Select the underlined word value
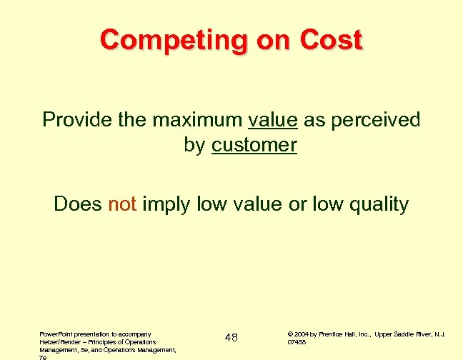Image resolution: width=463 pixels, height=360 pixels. click(x=272, y=119)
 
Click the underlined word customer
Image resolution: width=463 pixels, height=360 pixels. click(x=254, y=145)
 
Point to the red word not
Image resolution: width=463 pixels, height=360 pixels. click(x=121, y=205)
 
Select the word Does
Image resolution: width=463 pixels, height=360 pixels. click(x=78, y=205)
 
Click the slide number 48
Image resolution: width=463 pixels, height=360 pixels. click(x=231, y=338)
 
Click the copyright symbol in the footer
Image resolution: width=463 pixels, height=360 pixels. click(x=289, y=334)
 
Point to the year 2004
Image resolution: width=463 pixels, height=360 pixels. click(x=301, y=334)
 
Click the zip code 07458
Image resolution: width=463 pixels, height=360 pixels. click(x=297, y=342)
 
